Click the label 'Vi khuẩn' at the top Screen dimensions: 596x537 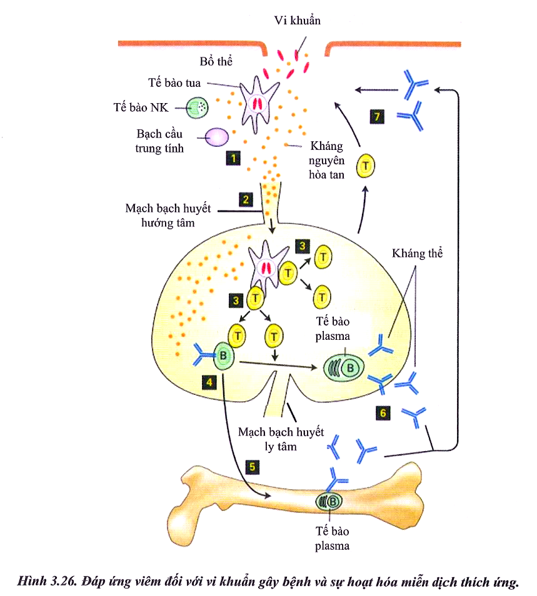pyautogui.click(x=297, y=21)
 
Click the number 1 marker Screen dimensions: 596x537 pyautogui.click(x=234, y=159)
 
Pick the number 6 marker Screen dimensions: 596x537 pyautogui.click(x=384, y=412)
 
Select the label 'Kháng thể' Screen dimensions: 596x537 pyautogui.click(x=417, y=254)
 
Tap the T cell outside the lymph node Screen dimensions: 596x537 pyautogui.click(x=366, y=166)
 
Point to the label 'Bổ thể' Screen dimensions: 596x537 pyautogui.click(x=216, y=62)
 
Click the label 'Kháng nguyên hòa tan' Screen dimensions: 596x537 pyautogui.click(x=327, y=160)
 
